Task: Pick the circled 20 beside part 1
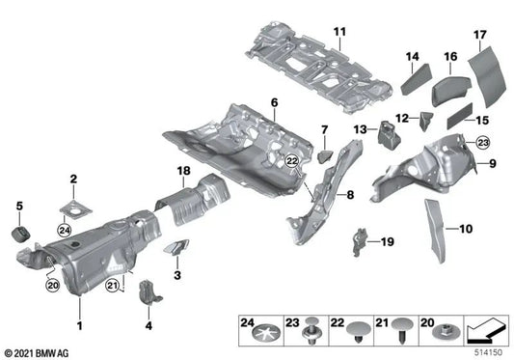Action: (52, 285)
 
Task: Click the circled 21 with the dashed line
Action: (113, 286)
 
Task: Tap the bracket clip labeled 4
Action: (149, 292)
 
